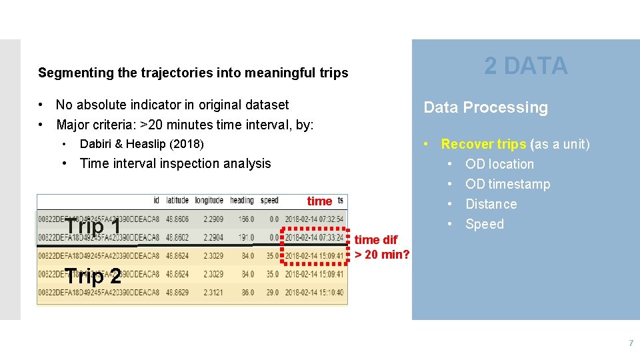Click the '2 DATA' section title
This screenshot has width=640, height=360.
click(x=525, y=66)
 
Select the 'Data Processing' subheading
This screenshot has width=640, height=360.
click(x=485, y=108)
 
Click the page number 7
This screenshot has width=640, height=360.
click(x=631, y=343)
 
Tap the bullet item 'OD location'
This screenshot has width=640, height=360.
click(x=499, y=164)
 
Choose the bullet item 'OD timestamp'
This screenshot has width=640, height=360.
click(x=507, y=184)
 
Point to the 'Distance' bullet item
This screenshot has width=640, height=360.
click(x=491, y=204)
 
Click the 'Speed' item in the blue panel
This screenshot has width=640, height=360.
click(x=485, y=224)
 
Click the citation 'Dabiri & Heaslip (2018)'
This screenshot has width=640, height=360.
click(x=141, y=144)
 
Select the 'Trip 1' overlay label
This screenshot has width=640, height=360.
click(x=93, y=227)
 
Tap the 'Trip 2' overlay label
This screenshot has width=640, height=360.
click(x=93, y=275)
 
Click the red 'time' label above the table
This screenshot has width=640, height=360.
click(x=319, y=201)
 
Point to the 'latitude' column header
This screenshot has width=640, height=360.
click(x=177, y=201)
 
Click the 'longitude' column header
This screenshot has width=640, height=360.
click(x=209, y=201)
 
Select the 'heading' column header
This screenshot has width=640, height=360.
click(x=241, y=201)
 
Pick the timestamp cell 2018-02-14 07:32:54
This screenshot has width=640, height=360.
click(x=314, y=219)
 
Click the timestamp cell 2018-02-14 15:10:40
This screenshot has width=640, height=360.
click(x=314, y=293)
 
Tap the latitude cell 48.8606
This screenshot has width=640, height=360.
click(x=177, y=219)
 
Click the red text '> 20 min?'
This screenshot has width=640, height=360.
click(x=382, y=254)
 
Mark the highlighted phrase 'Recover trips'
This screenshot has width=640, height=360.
click(x=483, y=144)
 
